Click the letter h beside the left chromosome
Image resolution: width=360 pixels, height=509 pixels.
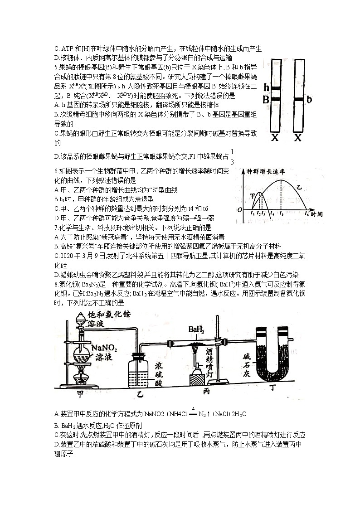[x=267, y=87]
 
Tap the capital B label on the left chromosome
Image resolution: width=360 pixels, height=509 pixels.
[x=266, y=99]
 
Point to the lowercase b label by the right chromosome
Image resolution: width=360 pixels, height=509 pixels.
[x=309, y=99]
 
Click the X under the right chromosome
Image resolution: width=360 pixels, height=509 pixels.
[x=298, y=138]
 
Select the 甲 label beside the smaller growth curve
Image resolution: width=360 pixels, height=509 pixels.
[x=253, y=196]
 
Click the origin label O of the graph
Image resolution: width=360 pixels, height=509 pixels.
[x=239, y=210]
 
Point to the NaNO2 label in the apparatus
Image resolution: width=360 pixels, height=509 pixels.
[x=104, y=348]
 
